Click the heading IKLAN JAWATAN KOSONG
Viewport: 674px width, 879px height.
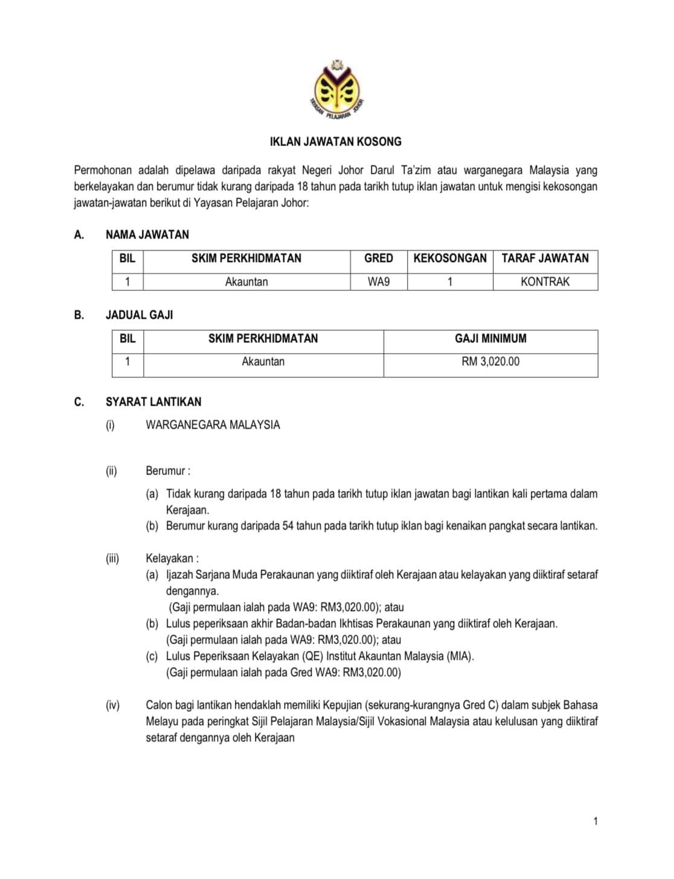tap(335, 142)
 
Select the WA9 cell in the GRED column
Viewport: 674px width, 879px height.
tap(379, 282)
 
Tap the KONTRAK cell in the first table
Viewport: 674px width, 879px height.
tap(545, 282)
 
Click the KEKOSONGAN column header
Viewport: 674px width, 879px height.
tap(450, 258)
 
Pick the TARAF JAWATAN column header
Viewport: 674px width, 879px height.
tap(545, 258)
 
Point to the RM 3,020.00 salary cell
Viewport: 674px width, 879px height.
tap(490, 362)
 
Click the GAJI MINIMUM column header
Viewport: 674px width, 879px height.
tap(490, 339)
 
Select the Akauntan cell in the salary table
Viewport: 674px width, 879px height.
tap(263, 362)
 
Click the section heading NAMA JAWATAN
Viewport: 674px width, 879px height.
tap(147, 235)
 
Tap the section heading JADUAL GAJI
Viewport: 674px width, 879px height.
tap(139, 315)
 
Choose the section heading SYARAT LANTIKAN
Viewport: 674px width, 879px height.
tap(153, 402)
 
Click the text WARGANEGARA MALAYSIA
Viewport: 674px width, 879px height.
tap(213, 425)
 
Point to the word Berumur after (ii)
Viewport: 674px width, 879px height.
tap(166, 471)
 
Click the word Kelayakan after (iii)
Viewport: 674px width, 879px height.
tap(170, 558)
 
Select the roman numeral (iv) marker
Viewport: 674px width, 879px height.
tap(113, 705)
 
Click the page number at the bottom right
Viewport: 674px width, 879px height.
tap(595, 821)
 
